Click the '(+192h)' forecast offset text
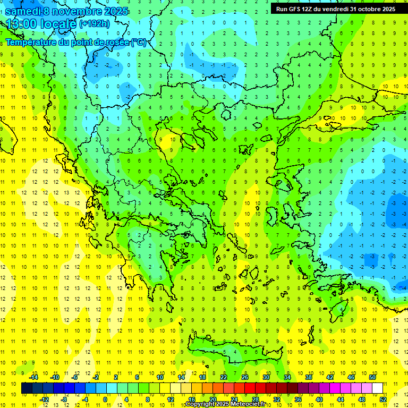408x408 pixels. point(95,24)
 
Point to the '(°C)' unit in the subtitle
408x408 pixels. point(138,42)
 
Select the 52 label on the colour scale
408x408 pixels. point(384,399)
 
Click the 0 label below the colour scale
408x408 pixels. point(105,399)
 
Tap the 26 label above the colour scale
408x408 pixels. point(245,377)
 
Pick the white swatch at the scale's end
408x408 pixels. point(378,388)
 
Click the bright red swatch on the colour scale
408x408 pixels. point(250,388)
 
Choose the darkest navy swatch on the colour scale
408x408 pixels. point(27,388)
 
